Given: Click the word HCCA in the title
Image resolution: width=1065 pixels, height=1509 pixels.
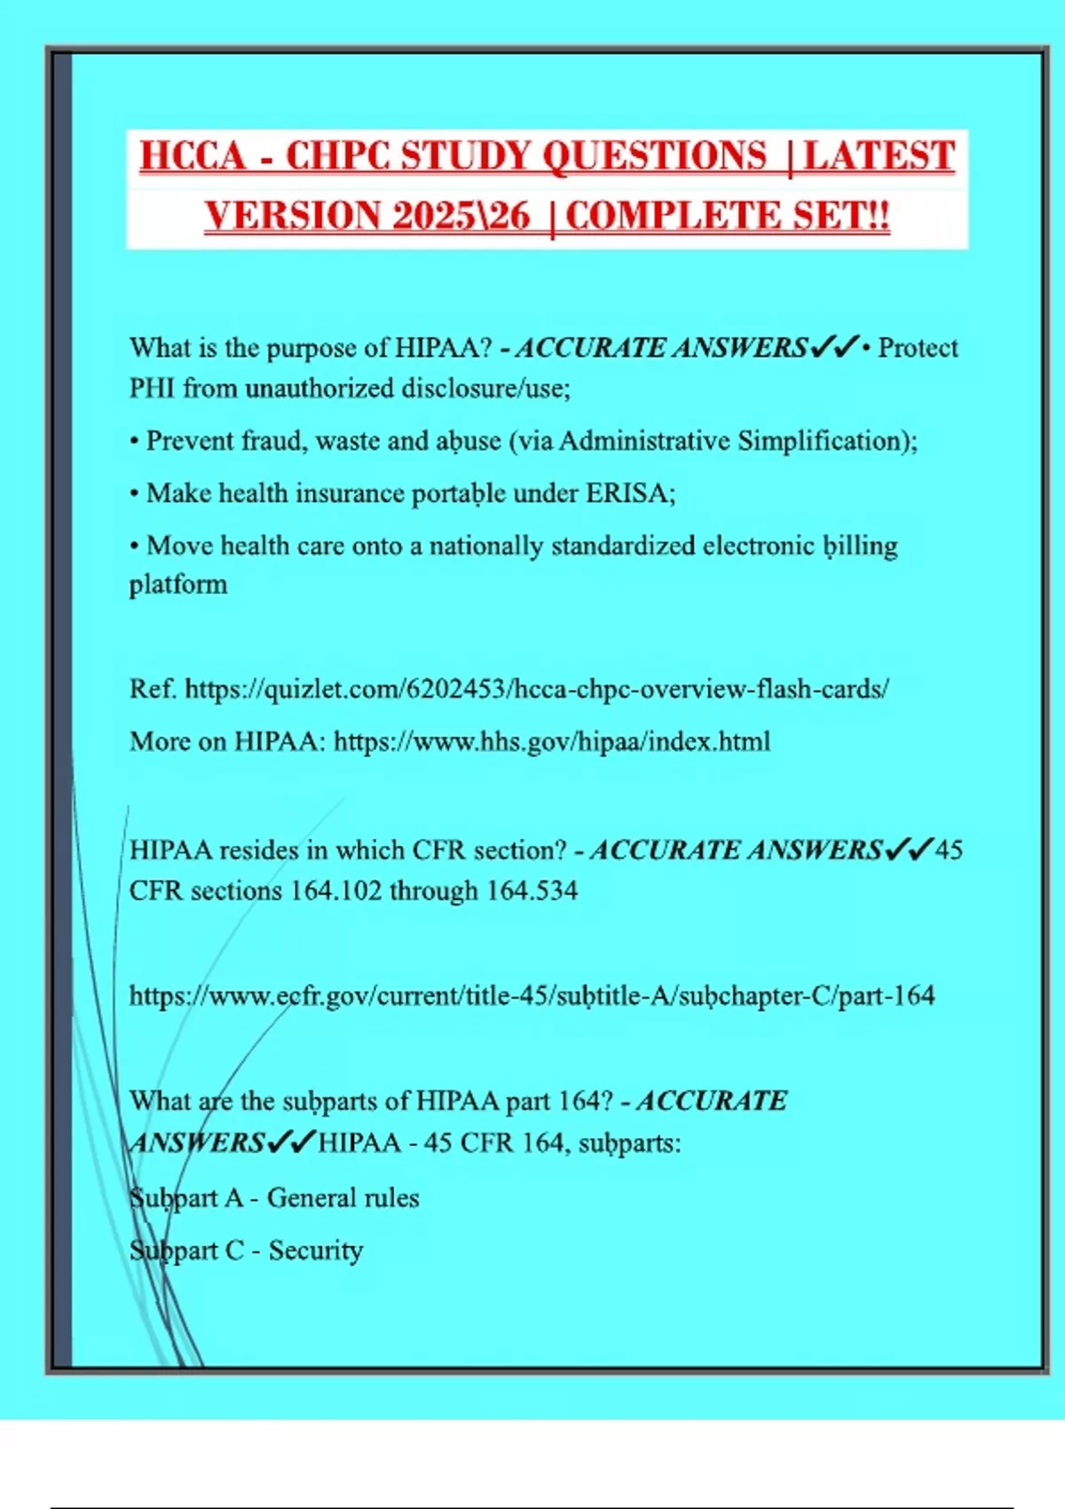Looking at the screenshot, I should point(193,156).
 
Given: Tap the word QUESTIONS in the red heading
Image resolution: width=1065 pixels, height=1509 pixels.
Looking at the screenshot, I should point(654,156).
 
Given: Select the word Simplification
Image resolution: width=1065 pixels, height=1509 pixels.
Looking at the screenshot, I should point(824,440).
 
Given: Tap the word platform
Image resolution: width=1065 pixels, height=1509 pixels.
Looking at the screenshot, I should point(178,584).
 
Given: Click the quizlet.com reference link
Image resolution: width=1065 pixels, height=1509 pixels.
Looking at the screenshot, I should point(537,689).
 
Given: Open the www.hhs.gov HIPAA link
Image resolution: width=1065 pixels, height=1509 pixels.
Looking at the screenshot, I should point(552,741).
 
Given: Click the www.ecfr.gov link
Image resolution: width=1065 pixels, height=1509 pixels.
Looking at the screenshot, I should point(532,995).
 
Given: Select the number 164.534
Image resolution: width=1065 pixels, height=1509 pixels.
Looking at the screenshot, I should point(532,890).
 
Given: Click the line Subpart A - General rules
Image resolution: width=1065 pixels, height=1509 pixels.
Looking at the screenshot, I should point(274,1197).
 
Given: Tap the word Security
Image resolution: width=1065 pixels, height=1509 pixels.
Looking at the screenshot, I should point(316,1250).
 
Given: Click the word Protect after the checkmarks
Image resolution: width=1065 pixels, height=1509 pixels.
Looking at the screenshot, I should point(918,347).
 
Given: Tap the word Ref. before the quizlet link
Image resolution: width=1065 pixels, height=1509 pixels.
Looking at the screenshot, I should point(154,689).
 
